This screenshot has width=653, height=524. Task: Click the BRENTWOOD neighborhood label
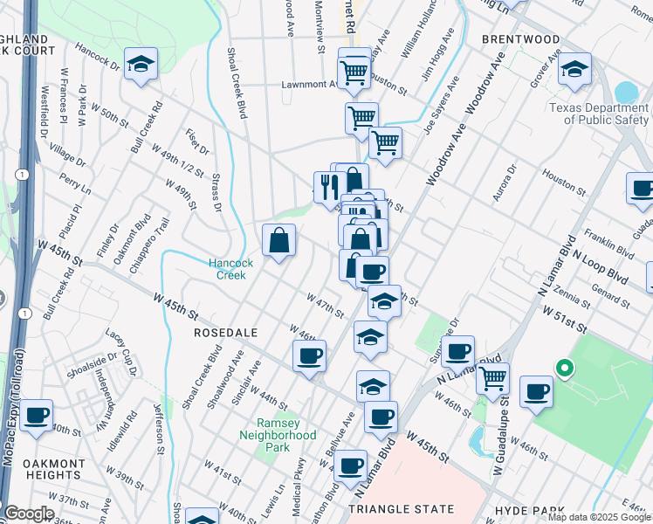(520, 39)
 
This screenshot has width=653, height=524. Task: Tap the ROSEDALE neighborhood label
(222, 333)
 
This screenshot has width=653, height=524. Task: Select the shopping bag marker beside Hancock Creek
(278, 240)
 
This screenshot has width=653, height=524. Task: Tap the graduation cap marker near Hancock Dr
(140, 65)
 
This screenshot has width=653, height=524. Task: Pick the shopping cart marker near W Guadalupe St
(493, 377)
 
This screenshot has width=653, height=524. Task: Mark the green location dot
(565, 368)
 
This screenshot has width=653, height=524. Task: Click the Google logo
(29, 514)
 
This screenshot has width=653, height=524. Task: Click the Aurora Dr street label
(505, 183)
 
